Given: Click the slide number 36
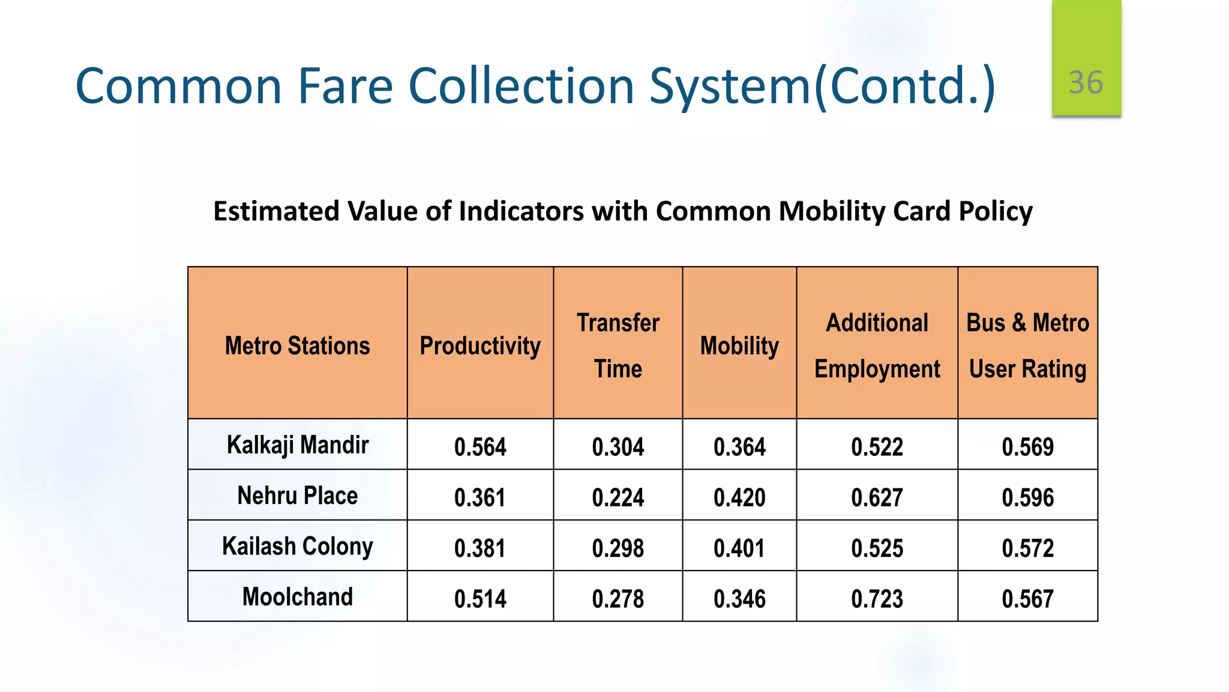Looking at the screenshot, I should pyautogui.click(x=1086, y=82).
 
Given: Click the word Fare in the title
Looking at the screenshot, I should pyautogui.click(x=345, y=86).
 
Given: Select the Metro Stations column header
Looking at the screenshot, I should pyautogui.click(x=297, y=345).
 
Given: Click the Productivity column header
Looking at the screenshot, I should pyautogui.click(x=480, y=345).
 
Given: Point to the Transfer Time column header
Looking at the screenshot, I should pyautogui.click(x=618, y=345).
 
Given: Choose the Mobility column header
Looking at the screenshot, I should pyautogui.click(x=739, y=345).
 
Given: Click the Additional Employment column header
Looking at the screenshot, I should pyautogui.click(x=877, y=345).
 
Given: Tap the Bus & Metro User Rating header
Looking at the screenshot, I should pyautogui.click(x=1027, y=345).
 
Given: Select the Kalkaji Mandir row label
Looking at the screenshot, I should pyautogui.click(x=297, y=445).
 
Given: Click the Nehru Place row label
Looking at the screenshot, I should pyautogui.click(x=297, y=496).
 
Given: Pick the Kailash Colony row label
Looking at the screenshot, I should pyautogui.click(x=297, y=546).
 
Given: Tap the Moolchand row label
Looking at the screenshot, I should pyautogui.click(x=297, y=596).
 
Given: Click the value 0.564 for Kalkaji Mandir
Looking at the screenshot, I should pyautogui.click(x=480, y=447).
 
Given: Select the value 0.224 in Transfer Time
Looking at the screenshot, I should pyautogui.click(x=618, y=497).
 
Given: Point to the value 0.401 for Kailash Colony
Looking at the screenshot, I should pyautogui.click(x=739, y=548).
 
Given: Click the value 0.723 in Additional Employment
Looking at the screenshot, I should pyautogui.click(x=877, y=598).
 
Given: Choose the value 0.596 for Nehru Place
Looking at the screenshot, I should pyautogui.click(x=1027, y=497).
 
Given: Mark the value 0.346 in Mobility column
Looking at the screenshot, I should pyautogui.click(x=739, y=598).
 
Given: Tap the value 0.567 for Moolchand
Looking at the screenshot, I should pyautogui.click(x=1027, y=598).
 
